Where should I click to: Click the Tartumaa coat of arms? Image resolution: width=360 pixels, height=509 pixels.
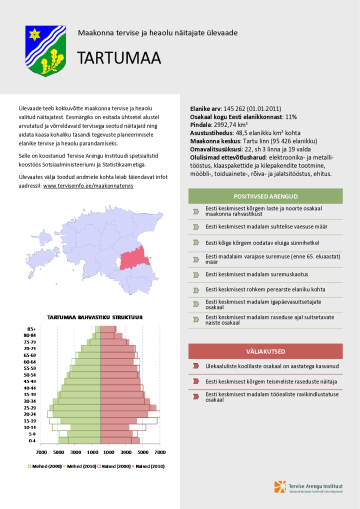tap(46, 50)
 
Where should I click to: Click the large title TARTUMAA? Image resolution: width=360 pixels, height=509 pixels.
tap(119, 58)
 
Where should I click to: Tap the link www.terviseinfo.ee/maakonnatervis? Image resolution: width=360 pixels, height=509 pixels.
tap(88, 185)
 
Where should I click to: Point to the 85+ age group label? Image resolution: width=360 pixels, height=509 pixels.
tap(31, 328)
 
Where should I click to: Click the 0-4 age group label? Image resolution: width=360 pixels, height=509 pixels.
tap(31, 440)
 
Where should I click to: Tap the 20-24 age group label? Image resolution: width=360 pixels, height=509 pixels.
tap(30, 414)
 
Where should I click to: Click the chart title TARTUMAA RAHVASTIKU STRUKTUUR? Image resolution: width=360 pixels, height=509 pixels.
tap(95, 317)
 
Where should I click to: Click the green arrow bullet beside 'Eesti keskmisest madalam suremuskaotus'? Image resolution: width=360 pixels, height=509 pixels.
tap(196, 274)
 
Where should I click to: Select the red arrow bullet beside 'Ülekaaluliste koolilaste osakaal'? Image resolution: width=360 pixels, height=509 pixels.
tap(196, 366)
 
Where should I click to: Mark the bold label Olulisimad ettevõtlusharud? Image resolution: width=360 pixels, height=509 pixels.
tap(224, 157)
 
